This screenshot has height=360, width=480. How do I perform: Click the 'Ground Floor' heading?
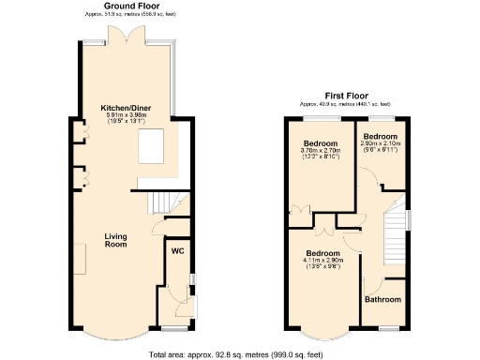[126, 7]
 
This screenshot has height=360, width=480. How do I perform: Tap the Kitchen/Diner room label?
[126, 109]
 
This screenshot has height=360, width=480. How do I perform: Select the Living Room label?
[115, 240]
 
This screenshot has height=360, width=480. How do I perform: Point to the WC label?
[176, 251]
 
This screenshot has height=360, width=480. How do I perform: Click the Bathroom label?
[383, 300]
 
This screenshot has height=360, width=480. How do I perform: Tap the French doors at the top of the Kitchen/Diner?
[126, 36]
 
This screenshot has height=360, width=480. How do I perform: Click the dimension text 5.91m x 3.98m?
[126, 117]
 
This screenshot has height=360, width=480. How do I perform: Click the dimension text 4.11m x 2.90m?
[322, 261]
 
